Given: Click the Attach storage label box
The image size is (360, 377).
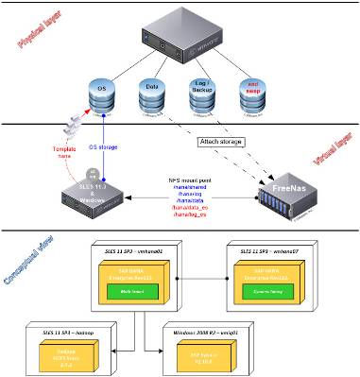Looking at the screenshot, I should pos(219,142).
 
